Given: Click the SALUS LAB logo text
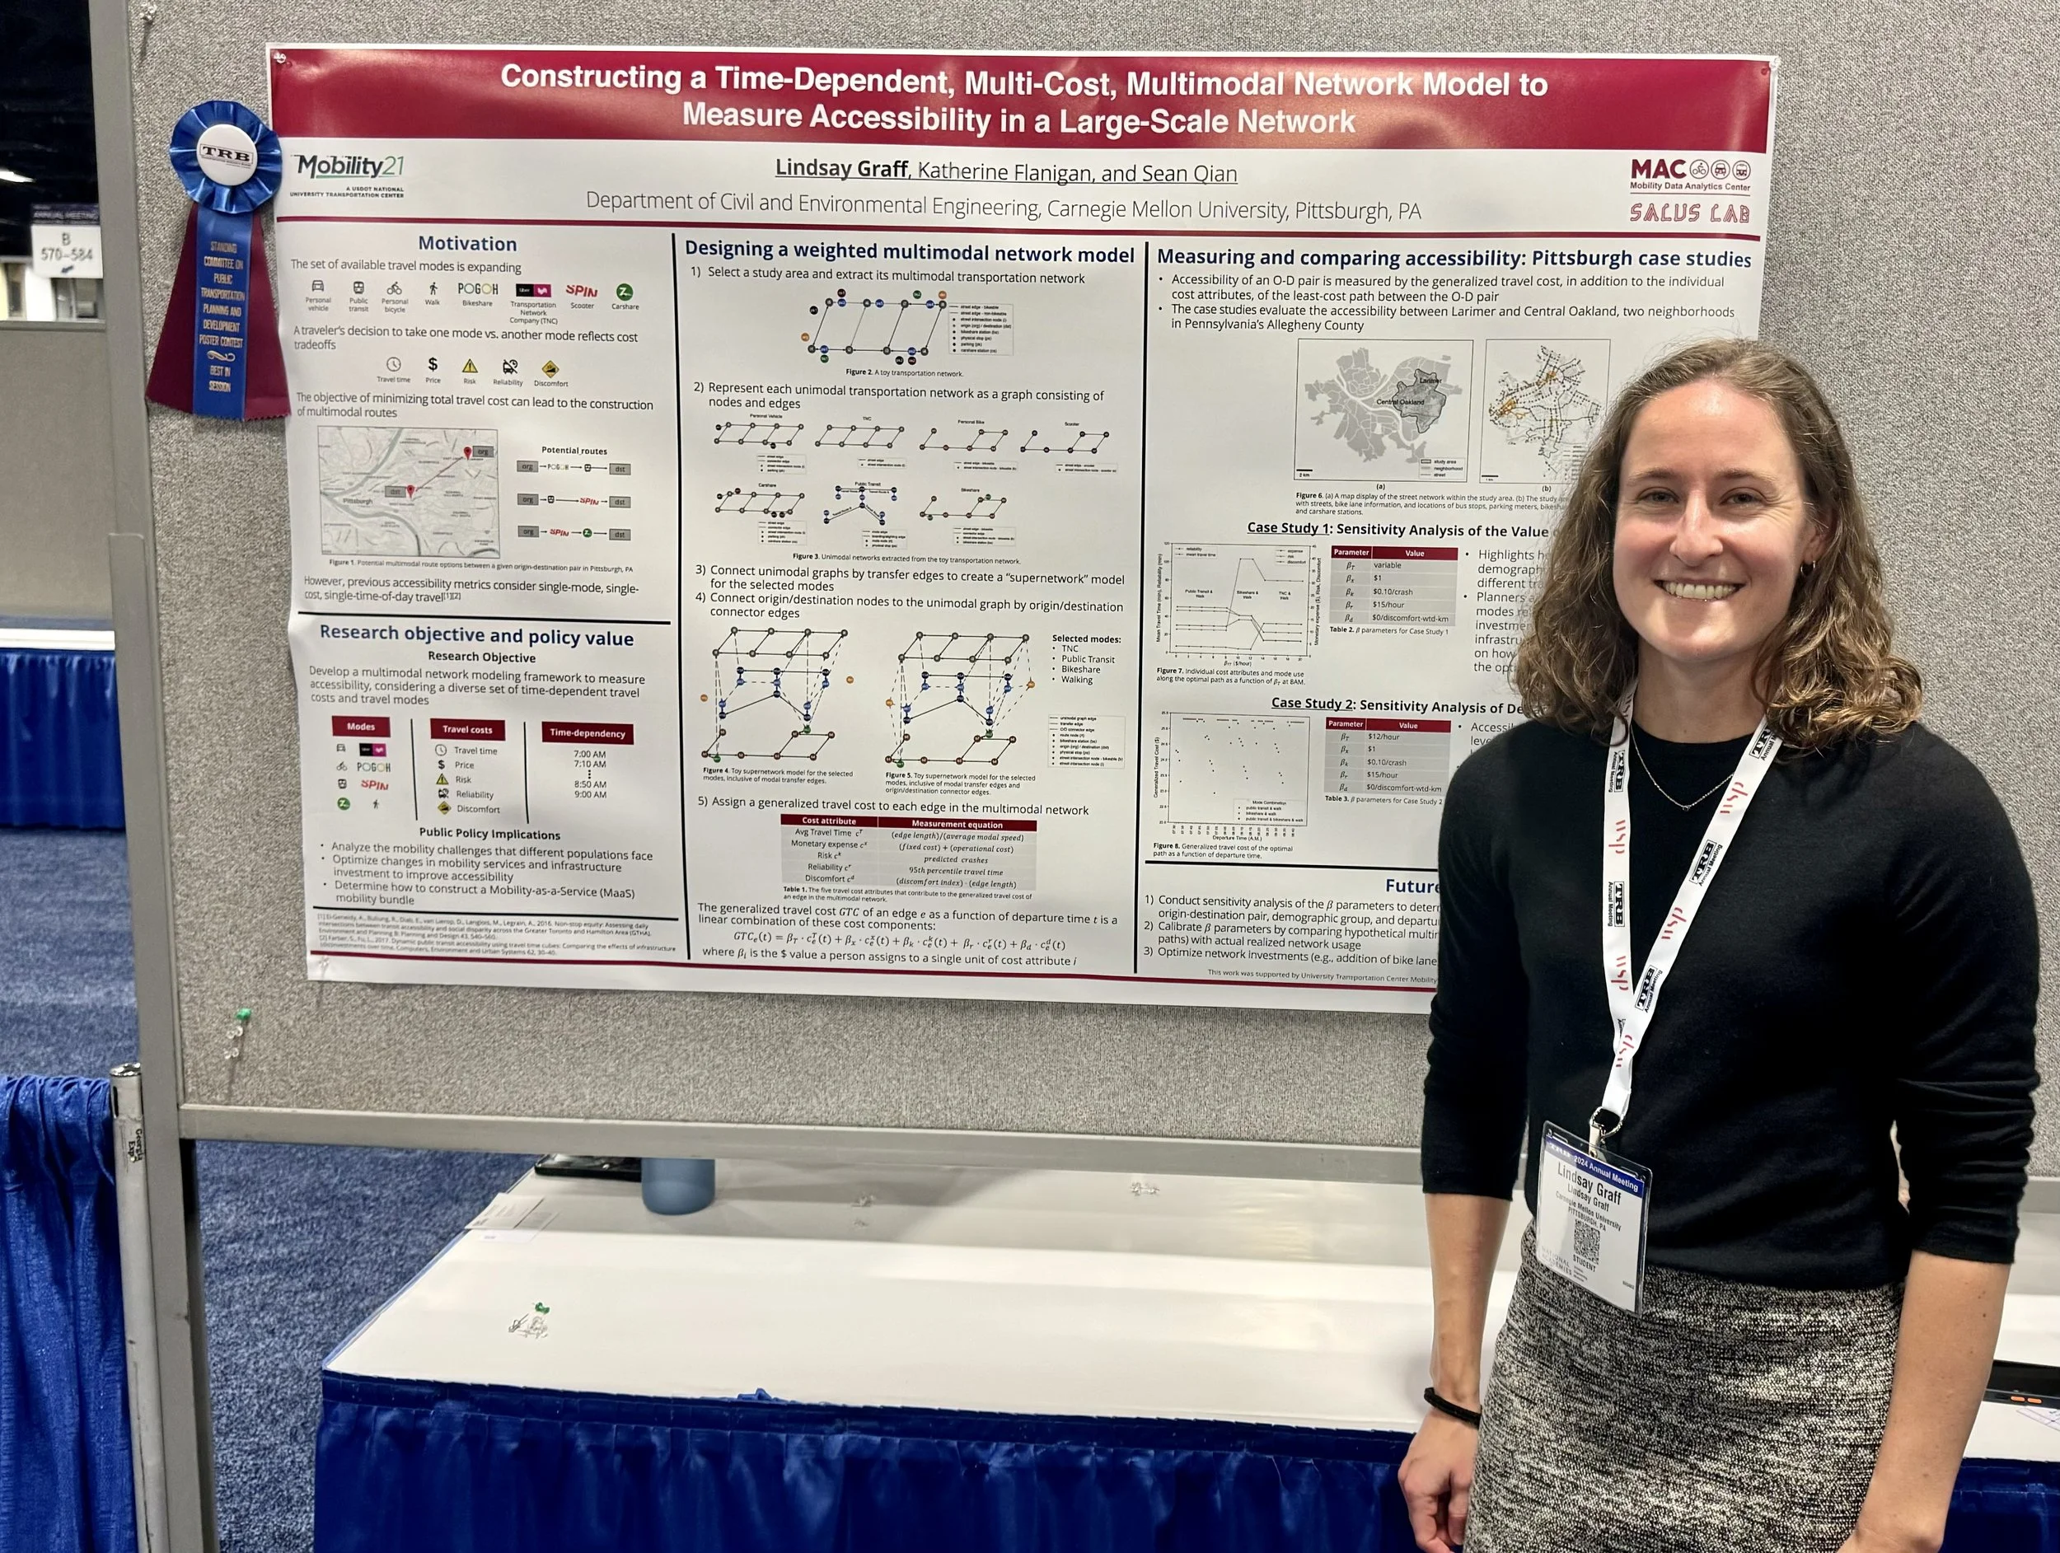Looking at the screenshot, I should click(1689, 213).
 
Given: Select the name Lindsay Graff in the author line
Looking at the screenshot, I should click(841, 169).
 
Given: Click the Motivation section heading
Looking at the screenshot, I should click(466, 244).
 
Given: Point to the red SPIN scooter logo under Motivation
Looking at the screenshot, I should click(581, 292).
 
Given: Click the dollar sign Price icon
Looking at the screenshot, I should click(432, 365).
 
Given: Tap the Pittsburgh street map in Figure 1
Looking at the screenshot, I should click(408, 492).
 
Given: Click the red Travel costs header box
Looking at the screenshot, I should click(466, 730).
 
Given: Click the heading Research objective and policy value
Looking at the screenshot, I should click(476, 636).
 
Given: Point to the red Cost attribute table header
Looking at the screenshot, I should click(829, 821).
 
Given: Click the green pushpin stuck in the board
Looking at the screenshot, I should click(244, 1013).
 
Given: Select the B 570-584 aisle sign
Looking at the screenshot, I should click(65, 248).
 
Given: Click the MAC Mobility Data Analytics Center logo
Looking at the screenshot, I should click(1689, 173).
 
